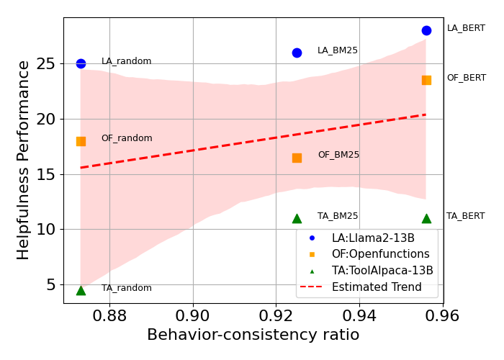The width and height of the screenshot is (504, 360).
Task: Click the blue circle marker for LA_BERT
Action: (x=426, y=30)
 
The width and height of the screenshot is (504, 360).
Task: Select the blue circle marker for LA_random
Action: (x=81, y=63)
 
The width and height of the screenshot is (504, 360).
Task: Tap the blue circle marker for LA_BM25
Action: (x=297, y=53)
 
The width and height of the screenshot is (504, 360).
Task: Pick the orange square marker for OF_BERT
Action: (x=426, y=80)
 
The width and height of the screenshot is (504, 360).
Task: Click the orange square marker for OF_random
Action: (x=81, y=141)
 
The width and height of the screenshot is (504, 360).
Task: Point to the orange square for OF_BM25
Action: (x=297, y=158)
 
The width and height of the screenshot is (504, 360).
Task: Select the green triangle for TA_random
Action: (x=81, y=290)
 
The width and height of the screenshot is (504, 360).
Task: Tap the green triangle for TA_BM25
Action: (x=297, y=218)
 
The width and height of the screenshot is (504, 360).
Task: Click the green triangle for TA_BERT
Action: (x=426, y=218)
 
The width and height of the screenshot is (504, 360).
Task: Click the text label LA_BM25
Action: (x=337, y=50)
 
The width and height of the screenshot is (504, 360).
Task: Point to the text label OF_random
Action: (x=127, y=138)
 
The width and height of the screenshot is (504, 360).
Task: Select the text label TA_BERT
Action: (x=465, y=216)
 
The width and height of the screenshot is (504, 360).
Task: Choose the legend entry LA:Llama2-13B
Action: (x=373, y=238)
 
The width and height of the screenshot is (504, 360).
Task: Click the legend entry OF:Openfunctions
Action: (x=380, y=254)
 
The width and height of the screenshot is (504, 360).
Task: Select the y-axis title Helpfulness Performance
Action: (x=24, y=160)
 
